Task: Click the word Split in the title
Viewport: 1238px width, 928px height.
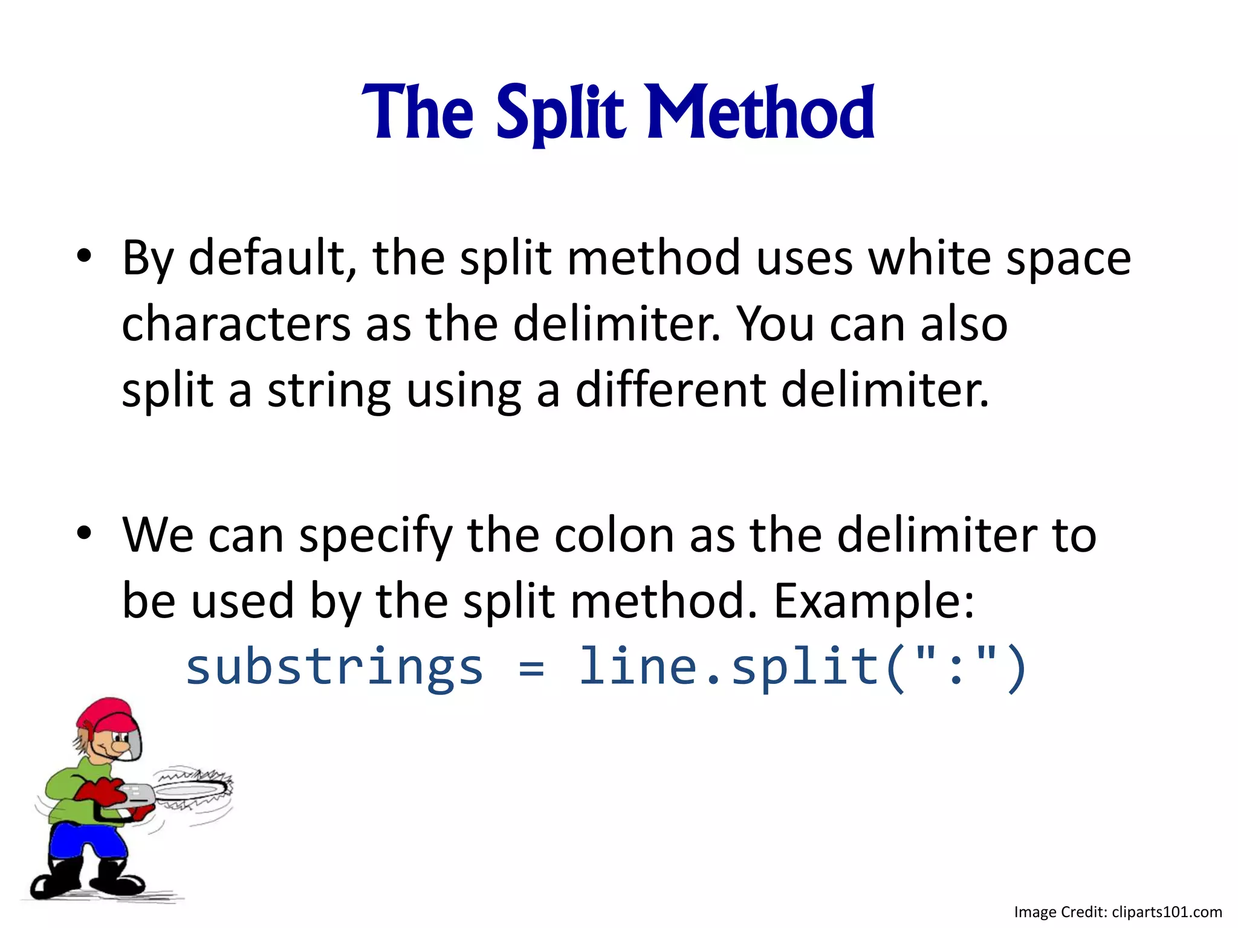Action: tap(559, 113)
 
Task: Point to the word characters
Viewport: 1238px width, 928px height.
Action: tap(236, 324)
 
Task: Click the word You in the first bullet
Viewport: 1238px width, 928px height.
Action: tap(776, 324)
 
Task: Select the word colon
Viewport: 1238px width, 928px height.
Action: tap(614, 535)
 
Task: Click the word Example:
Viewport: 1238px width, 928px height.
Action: tap(874, 602)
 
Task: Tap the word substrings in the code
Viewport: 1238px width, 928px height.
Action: tap(334, 668)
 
